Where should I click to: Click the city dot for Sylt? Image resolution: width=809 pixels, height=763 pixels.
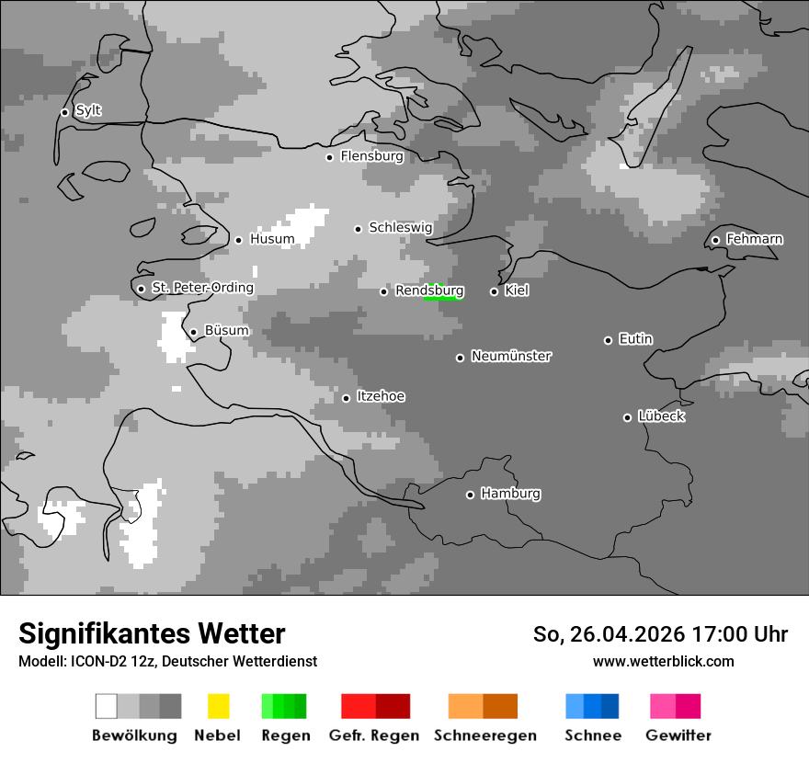[64, 112]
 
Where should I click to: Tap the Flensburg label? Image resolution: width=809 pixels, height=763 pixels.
[371, 156]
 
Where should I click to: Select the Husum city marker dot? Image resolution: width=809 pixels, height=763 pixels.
[238, 240]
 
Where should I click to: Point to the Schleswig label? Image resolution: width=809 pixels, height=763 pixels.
[400, 227]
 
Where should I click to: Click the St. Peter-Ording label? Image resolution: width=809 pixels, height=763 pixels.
[202, 288]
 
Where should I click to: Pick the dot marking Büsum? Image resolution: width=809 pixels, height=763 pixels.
[193, 333]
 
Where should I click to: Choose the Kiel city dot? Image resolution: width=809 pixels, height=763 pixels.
[494, 291]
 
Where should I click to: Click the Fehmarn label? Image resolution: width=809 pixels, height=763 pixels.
[754, 239]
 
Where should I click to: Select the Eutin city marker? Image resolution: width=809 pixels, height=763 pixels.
[608, 340]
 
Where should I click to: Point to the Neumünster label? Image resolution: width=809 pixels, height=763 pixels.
[511, 356]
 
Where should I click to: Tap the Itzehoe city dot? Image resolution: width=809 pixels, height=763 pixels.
[346, 398]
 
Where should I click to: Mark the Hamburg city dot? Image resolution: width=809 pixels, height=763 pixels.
[470, 495]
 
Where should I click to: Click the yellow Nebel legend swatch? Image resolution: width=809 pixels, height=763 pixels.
[218, 706]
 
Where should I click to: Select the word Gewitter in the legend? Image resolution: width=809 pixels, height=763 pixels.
[678, 735]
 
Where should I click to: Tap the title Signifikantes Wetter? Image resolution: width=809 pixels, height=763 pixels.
[152, 633]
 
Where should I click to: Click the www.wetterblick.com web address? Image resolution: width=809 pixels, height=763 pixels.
[663, 661]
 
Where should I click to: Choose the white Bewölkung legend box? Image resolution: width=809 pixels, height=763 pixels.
[106, 706]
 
